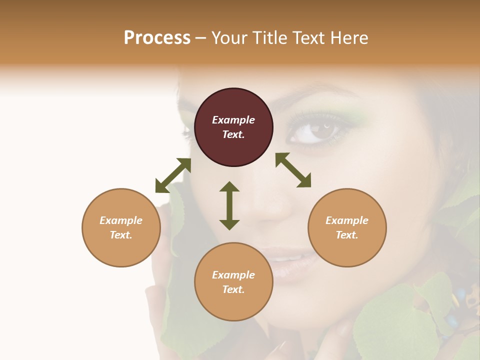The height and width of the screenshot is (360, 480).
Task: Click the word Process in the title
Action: pyautogui.click(x=157, y=38)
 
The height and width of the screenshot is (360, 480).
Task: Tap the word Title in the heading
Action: pyautogui.click(x=268, y=38)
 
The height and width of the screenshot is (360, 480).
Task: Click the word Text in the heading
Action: pyautogui.click(x=309, y=38)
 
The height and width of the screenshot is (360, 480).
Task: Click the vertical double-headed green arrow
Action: pyautogui.click(x=229, y=205)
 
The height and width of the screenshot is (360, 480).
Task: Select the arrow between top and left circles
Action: pyautogui.click(x=173, y=175)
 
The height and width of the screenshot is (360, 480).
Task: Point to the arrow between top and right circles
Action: pyautogui.click(x=293, y=170)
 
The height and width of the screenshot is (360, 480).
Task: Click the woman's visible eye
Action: pyautogui.click(x=317, y=132)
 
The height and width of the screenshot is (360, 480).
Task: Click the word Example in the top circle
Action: pyautogui.click(x=233, y=120)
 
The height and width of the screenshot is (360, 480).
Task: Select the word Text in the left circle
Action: pyautogui.click(x=121, y=235)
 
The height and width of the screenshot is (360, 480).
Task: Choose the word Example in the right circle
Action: pyautogui.click(x=347, y=220)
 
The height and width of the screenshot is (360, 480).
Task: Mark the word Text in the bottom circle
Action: pyautogui.click(x=233, y=289)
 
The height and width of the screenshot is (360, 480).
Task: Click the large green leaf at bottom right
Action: pyautogui.click(x=395, y=325)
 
